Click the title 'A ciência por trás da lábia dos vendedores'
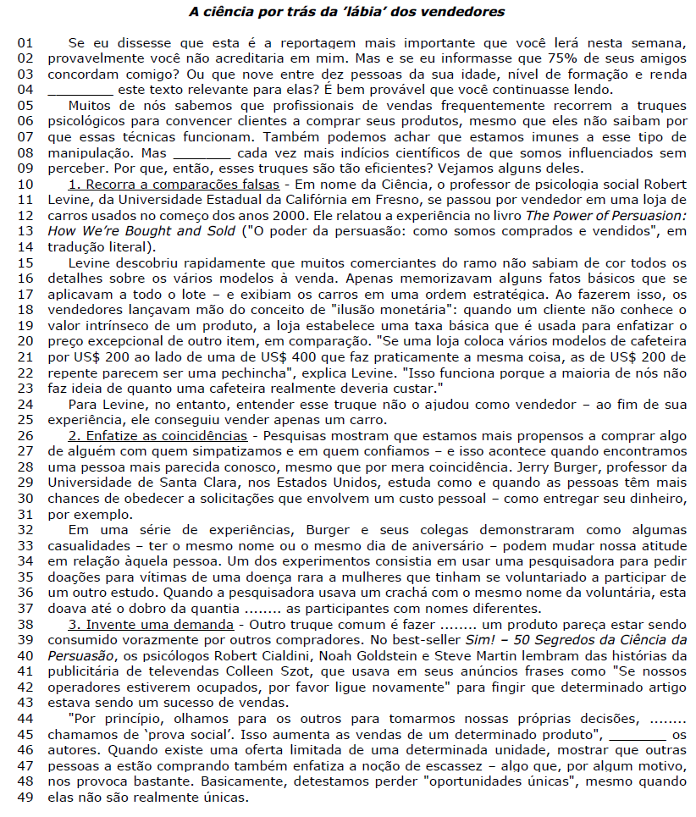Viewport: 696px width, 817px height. pos(347,12)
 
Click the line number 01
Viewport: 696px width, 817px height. pos(26,43)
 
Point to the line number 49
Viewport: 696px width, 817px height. pos(26,798)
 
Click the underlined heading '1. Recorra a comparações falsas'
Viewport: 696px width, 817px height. pos(174,184)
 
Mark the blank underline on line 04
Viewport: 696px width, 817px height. pos(80,90)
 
